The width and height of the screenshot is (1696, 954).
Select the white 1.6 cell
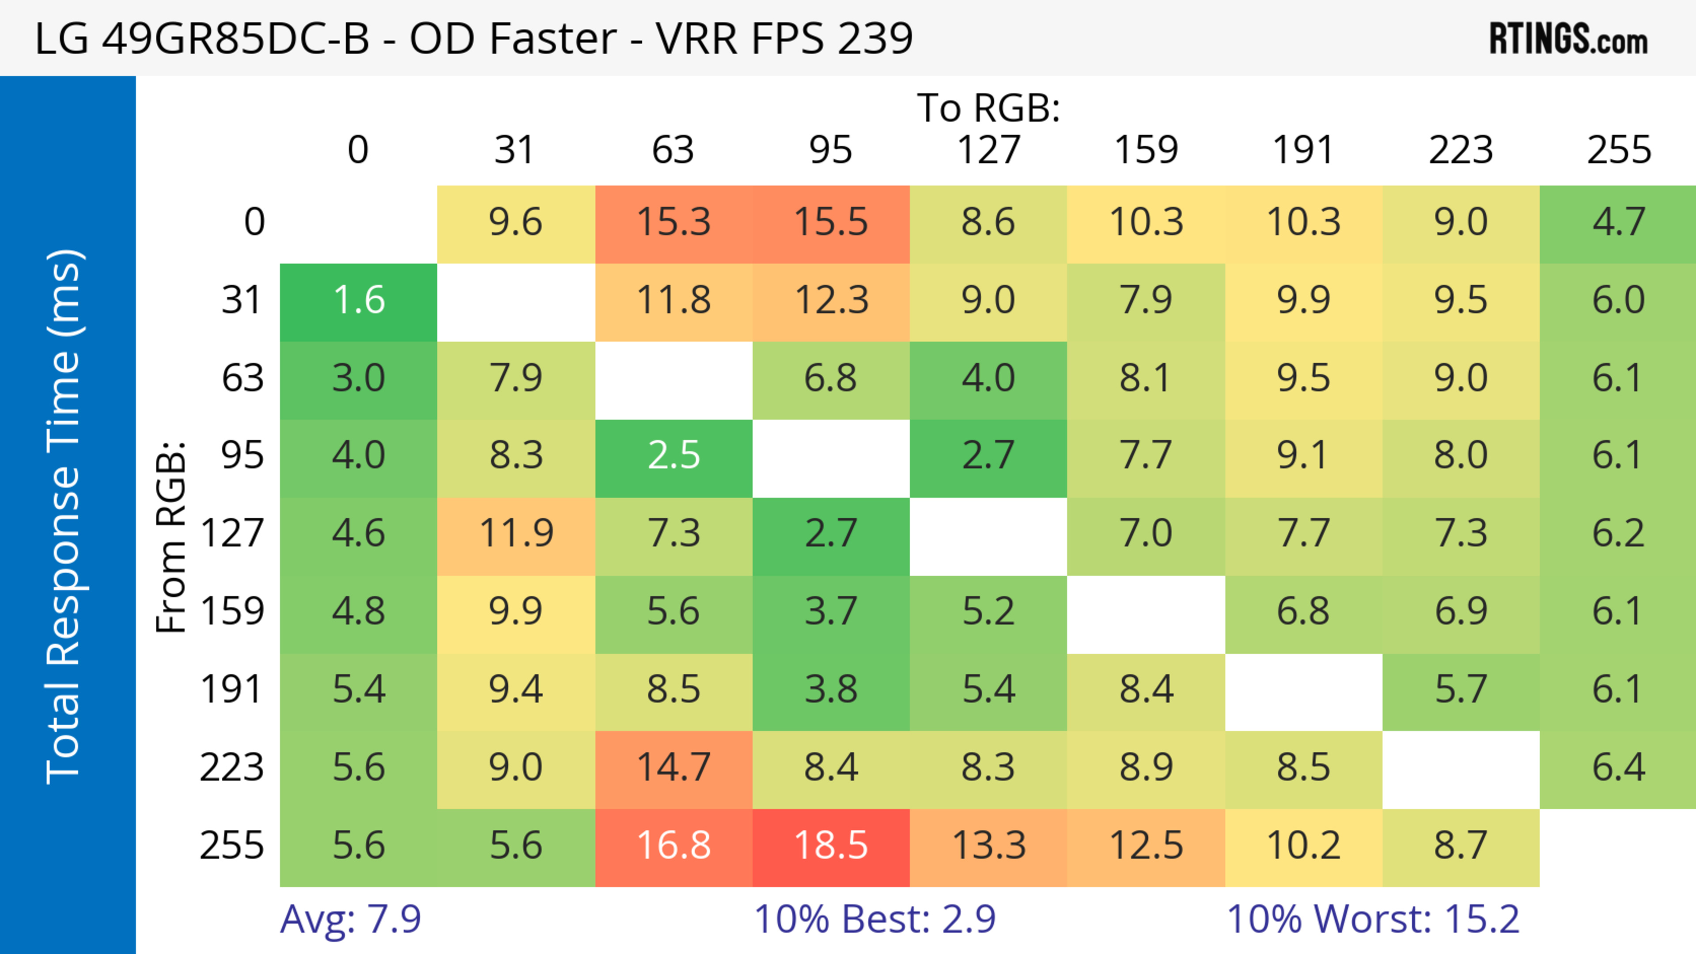pos(359,301)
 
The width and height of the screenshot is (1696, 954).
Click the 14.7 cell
pos(674,767)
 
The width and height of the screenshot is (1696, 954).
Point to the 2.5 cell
pos(674,455)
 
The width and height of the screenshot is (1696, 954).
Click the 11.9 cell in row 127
pos(516,533)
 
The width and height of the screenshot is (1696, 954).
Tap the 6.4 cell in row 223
pos(1618,767)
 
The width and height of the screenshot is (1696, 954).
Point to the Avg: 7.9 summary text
pos(350,919)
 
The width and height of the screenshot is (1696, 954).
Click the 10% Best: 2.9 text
pos(874,919)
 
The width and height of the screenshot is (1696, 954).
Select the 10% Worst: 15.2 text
pos(1373,919)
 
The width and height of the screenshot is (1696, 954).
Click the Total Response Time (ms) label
pos(64,517)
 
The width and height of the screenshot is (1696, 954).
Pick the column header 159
pos(1146,150)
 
